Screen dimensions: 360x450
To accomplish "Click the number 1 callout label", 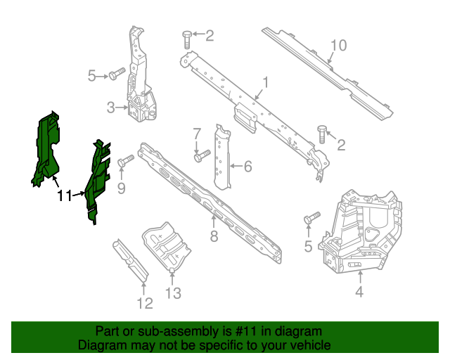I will click(x=266, y=82).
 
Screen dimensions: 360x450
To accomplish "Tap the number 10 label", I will click(x=338, y=46).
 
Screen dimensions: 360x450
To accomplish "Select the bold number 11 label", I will click(x=64, y=196).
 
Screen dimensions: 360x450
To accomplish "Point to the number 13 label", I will click(x=173, y=293).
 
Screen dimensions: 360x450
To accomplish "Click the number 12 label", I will click(x=144, y=304).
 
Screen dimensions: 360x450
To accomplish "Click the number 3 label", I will click(x=110, y=108).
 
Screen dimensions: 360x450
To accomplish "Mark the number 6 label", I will click(x=247, y=167).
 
